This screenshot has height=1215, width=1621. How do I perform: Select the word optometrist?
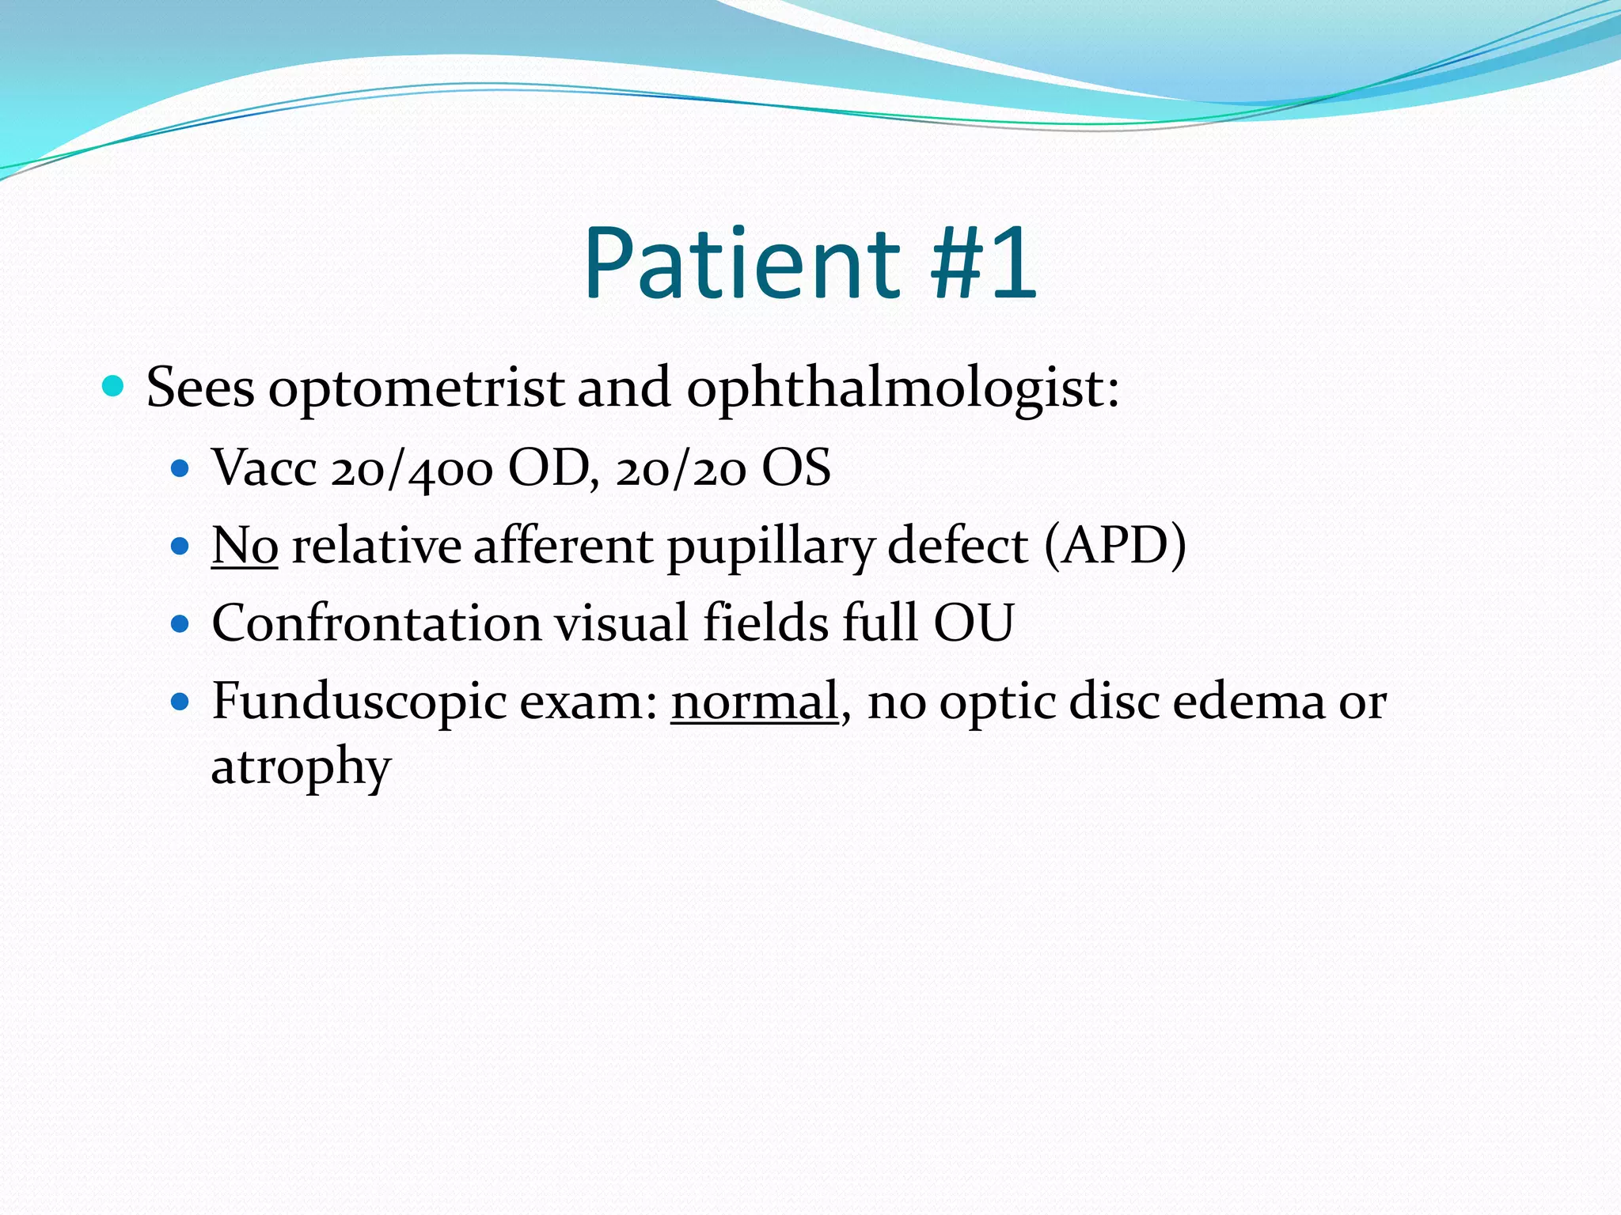pos(416,389)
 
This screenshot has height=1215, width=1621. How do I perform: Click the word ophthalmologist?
pos(902,389)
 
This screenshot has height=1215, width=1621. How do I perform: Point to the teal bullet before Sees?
pos(114,386)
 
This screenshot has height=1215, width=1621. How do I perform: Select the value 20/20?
pos(681,468)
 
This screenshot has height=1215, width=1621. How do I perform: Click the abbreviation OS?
pos(795,468)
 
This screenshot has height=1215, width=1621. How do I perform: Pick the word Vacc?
pos(264,468)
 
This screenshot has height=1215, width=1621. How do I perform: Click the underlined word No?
pos(245,546)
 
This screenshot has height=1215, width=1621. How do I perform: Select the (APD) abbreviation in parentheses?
pos(1115,546)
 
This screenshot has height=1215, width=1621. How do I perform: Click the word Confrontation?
pos(376,623)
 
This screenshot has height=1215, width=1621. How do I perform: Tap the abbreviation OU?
pos(974,623)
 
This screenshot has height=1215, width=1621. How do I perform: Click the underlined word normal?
pos(754,702)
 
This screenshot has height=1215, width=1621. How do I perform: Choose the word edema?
pos(1248,702)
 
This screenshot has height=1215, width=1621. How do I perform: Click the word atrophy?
pos(301,767)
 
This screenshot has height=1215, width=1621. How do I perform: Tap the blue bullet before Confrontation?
pos(181,623)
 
